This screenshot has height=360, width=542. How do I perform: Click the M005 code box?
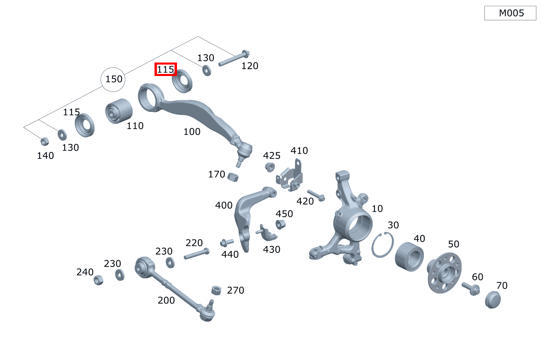tap(510, 13)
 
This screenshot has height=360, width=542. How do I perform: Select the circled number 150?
tap(113, 79)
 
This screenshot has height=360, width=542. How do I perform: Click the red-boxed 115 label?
tap(166, 69)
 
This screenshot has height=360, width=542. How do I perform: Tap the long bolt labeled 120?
tap(234, 58)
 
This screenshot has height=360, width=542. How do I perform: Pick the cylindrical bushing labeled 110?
tap(119, 111)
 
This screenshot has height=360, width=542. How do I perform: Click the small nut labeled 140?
tap(45, 141)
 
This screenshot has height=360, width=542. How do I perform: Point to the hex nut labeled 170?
tap(233, 177)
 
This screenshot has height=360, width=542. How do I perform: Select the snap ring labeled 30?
tap(383, 244)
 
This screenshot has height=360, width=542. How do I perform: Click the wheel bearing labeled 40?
tap(409, 257)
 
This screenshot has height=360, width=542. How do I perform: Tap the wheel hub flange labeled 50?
tap(444, 273)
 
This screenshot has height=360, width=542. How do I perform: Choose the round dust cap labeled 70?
tap(493, 300)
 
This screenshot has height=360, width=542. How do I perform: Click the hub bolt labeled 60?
tap(471, 288)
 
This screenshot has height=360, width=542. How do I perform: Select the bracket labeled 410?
tap(290, 176)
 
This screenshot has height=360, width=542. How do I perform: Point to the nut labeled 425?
tap(270, 167)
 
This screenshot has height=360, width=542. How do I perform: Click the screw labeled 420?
tap(316, 195)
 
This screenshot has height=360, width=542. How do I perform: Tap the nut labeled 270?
tap(216, 290)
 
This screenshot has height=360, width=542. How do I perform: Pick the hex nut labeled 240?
tap(99, 280)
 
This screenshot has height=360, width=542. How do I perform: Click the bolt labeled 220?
tap(197, 253)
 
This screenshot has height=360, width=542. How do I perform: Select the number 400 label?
tap(224, 206)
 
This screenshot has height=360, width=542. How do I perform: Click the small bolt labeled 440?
tap(227, 242)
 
